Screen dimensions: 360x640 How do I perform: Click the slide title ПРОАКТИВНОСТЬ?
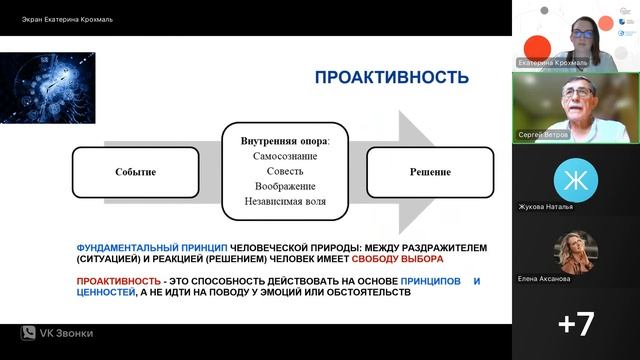coord(391,77)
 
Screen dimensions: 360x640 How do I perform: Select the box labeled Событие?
coord(135,172)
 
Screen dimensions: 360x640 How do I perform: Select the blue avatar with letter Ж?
coord(575,179)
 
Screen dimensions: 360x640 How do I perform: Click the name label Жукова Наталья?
coord(546,208)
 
